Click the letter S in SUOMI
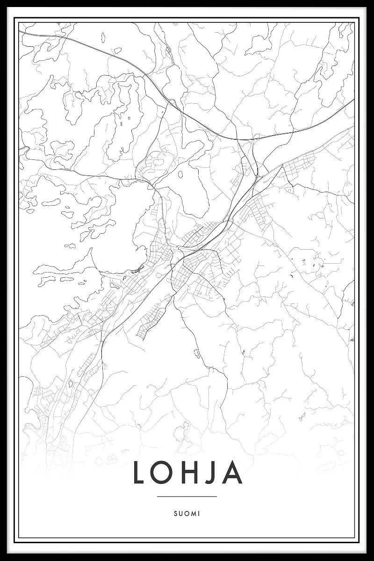coord(175,513)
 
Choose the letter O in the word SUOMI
coord(187,513)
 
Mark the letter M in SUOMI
coord(193,513)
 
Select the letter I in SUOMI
coord(199,513)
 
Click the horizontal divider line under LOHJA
coord(187,496)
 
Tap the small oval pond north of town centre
coord(180,175)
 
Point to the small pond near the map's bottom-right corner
coord(302,415)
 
